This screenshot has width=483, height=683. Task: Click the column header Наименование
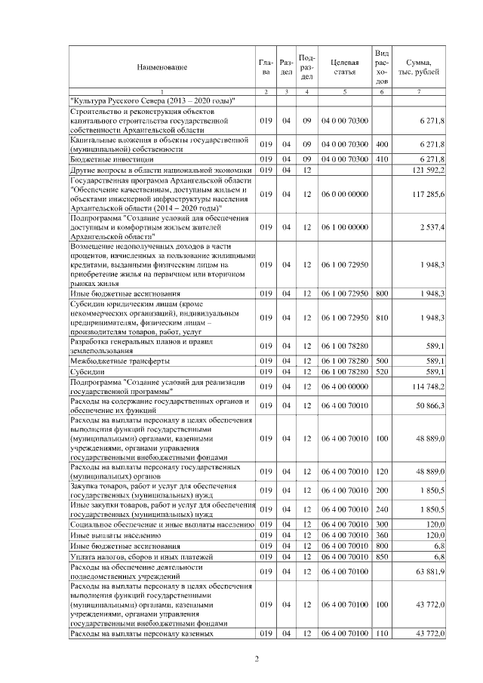(x=162, y=67)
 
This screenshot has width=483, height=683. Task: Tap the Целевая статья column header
(x=344, y=66)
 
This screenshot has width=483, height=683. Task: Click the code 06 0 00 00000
(x=344, y=194)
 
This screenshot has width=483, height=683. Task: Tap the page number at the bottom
(x=257, y=659)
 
